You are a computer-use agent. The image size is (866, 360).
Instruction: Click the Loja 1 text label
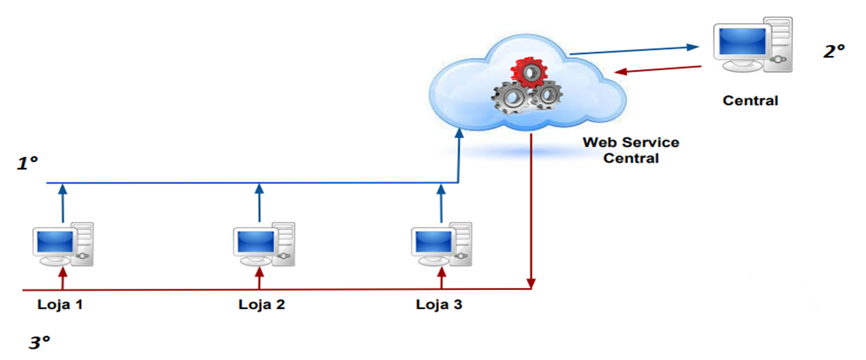point(60,304)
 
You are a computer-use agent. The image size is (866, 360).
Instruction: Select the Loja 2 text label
point(262,304)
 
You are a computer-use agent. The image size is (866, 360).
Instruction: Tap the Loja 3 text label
point(439,304)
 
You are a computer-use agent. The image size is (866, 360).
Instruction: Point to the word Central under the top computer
point(750,101)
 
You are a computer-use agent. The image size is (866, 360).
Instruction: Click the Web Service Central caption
point(630,150)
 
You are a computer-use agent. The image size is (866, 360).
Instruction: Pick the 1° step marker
point(27,163)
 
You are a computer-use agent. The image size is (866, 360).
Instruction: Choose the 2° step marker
point(834,51)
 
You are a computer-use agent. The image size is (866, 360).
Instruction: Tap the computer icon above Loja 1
point(62,245)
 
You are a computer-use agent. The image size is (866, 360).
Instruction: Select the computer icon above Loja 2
point(263,245)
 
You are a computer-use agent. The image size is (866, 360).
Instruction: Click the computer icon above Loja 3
point(441,245)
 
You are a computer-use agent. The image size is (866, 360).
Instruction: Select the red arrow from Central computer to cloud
point(658,69)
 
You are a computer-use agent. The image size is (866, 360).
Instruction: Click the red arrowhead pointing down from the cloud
point(531,282)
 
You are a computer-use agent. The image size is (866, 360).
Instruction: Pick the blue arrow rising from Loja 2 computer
point(259,202)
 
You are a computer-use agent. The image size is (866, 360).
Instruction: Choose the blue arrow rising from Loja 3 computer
point(442,202)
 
